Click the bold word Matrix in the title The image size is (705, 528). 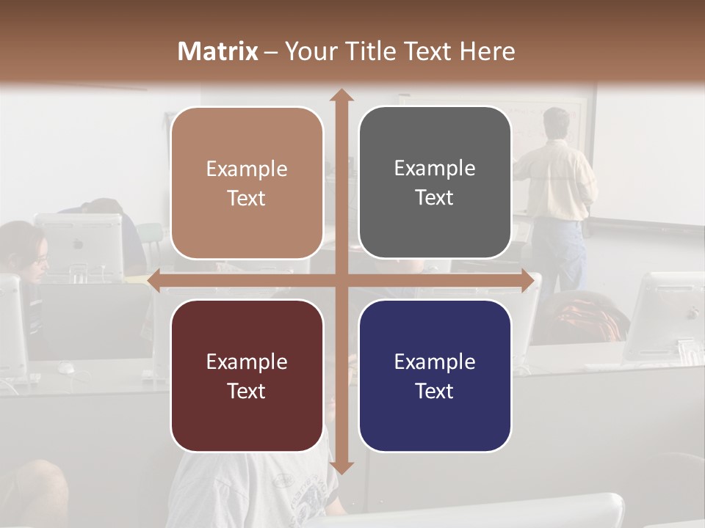218,51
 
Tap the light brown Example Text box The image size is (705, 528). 247,183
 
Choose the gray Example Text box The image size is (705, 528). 435,183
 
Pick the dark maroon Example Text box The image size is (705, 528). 247,375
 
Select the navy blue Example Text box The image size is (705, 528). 435,375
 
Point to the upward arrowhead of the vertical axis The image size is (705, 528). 341,96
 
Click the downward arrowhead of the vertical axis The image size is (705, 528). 341,467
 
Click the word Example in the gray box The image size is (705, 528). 435,168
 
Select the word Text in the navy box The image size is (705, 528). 435,391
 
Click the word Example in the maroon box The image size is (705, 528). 247,362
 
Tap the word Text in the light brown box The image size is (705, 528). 247,198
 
